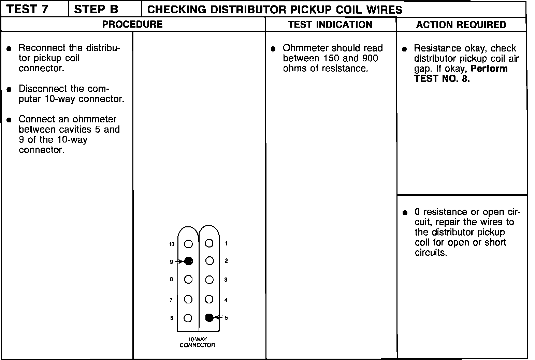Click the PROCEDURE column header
pos(133,25)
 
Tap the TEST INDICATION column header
pos(330,25)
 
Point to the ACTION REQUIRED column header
pos(461,25)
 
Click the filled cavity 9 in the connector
pos(189,261)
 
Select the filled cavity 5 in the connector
pos(209,317)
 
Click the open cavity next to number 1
pos(209,243)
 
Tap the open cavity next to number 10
pos(188,244)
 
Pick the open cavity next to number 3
pos(209,280)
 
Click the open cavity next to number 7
pos(188,300)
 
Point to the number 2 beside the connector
pos(226,261)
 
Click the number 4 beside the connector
pos(226,300)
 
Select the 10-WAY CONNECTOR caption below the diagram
pos(198,342)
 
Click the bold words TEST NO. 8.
pos(442,79)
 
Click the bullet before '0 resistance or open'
pos(405,213)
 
